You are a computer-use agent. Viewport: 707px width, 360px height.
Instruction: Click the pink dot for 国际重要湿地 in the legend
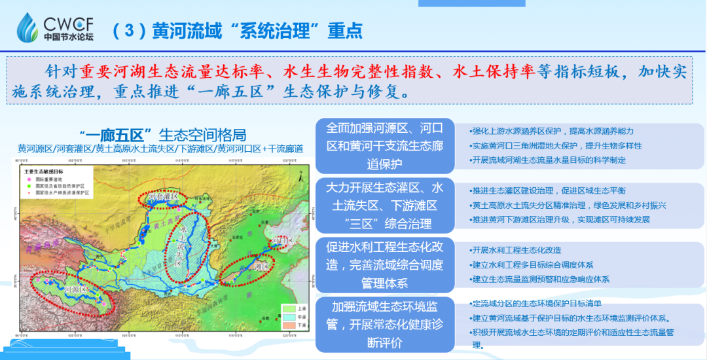(28, 178)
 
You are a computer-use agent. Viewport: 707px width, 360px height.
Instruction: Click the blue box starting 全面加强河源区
(385, 145)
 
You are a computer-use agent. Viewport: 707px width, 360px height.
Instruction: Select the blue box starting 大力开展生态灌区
(385, 206)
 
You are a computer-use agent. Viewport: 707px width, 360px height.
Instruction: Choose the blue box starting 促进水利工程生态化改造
(385, 265)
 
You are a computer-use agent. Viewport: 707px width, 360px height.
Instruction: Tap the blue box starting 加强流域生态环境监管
(385, 324)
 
